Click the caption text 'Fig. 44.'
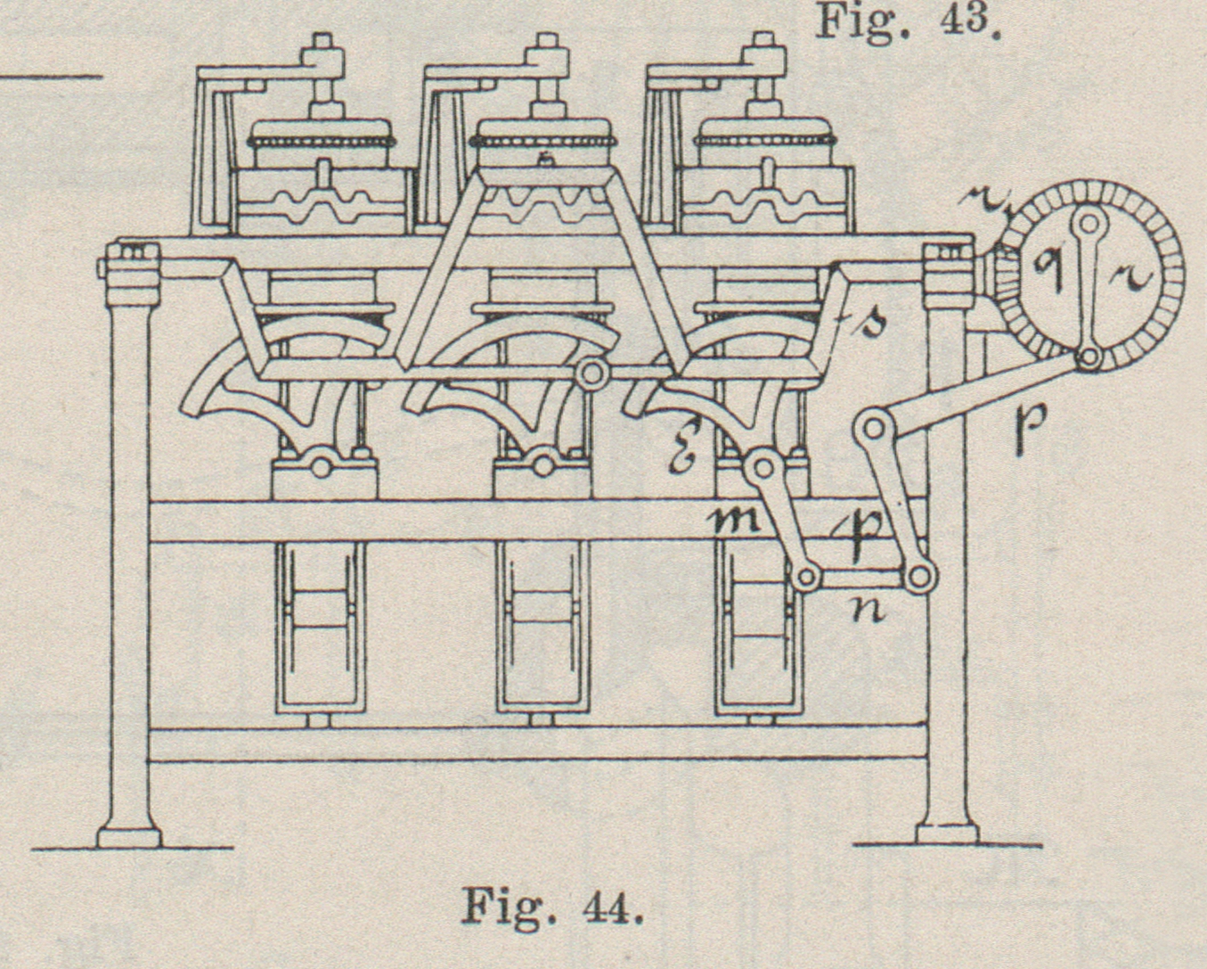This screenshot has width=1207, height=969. (551, 907)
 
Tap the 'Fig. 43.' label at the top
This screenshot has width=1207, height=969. (909, 22)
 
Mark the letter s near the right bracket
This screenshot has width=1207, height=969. (869, 322)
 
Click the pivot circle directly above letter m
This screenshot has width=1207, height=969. (762, 464)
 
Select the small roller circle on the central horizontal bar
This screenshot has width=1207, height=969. (589, 374)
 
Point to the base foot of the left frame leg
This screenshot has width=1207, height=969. (129, 837)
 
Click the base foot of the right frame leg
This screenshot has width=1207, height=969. (947, 834)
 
